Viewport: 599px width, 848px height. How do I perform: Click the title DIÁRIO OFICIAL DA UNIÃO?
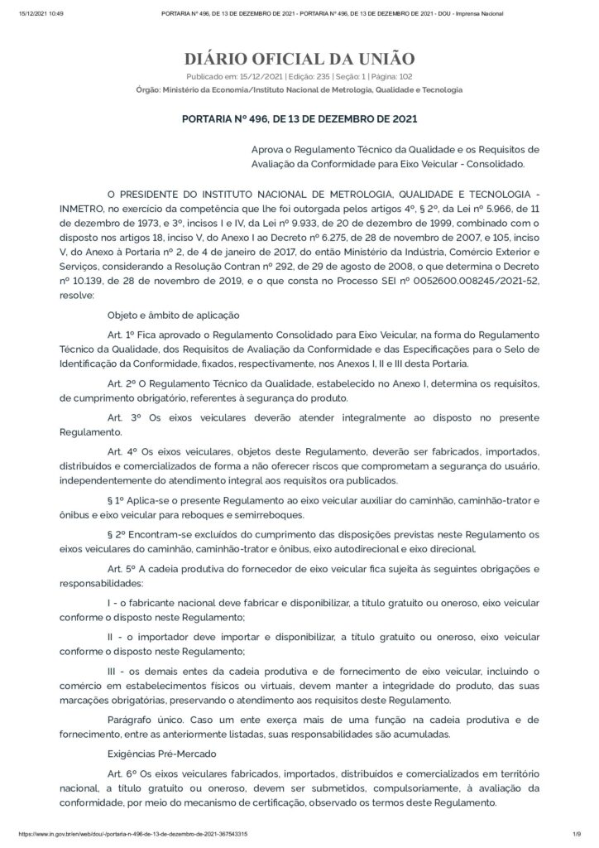pos(299,59)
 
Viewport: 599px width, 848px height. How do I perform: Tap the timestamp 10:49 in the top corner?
pos(33,13)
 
